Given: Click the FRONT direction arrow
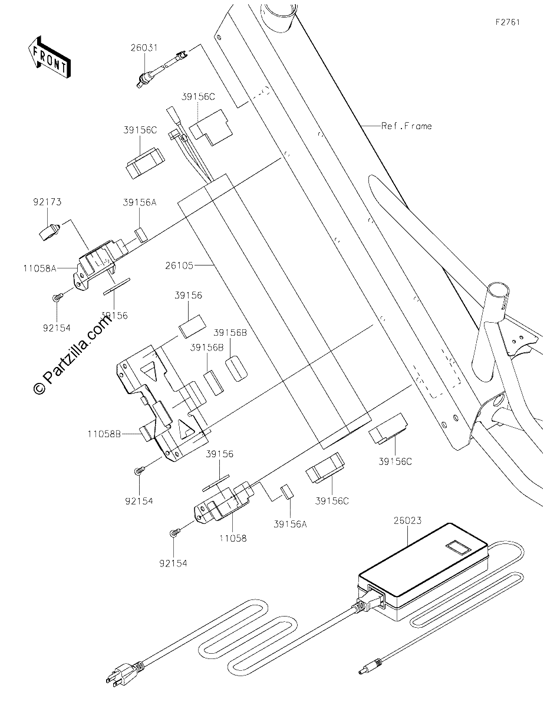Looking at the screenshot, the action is point(49,57).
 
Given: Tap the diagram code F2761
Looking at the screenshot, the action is point(508,22).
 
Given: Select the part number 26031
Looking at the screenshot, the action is point(144,48).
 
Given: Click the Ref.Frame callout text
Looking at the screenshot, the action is point(407,126).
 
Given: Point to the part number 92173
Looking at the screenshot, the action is point(47,202).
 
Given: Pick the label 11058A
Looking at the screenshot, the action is point(40,268).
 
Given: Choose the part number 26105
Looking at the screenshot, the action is point(179,265).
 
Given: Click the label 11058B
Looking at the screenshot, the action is point(104,434).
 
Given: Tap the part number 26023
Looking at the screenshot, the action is point(407,520).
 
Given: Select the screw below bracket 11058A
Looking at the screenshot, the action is point(57,297).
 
